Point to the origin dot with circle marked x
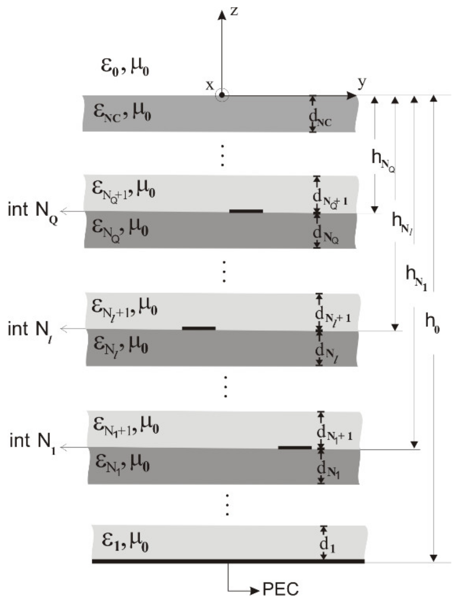pos(222,95)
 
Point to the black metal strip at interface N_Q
pos(246,211)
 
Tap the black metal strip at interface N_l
pos(199,328)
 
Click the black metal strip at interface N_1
pos(295,447)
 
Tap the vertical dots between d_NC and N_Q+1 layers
pos(223,155)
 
